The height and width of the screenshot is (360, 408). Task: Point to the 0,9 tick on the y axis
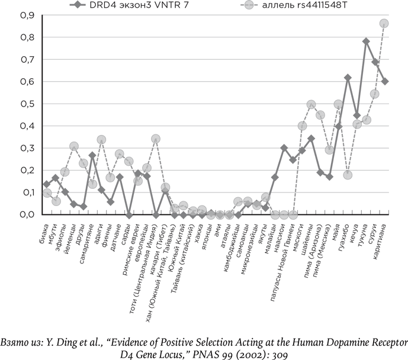(x=12, y=15)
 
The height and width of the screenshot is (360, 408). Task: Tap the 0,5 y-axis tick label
(x=12, y=104)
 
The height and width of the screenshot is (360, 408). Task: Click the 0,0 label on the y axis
(x=12, y=214)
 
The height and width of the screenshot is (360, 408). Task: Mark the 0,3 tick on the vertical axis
(x=12, y=148)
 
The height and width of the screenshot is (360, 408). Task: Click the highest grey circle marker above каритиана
(x=384, y=24)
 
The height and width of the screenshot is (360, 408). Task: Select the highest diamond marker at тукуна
(x=366, y=41)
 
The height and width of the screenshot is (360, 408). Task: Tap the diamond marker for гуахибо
(x=348, y=78)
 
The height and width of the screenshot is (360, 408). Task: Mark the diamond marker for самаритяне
(x=92, y=155)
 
